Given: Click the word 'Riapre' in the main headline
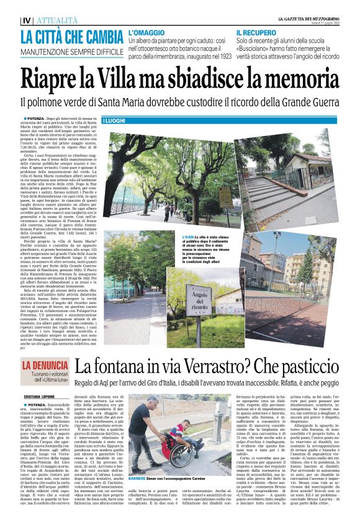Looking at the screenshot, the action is click(51, 79).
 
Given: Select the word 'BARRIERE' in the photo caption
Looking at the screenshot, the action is click(153, 480).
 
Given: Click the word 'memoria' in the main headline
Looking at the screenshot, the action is click(297, 79).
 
